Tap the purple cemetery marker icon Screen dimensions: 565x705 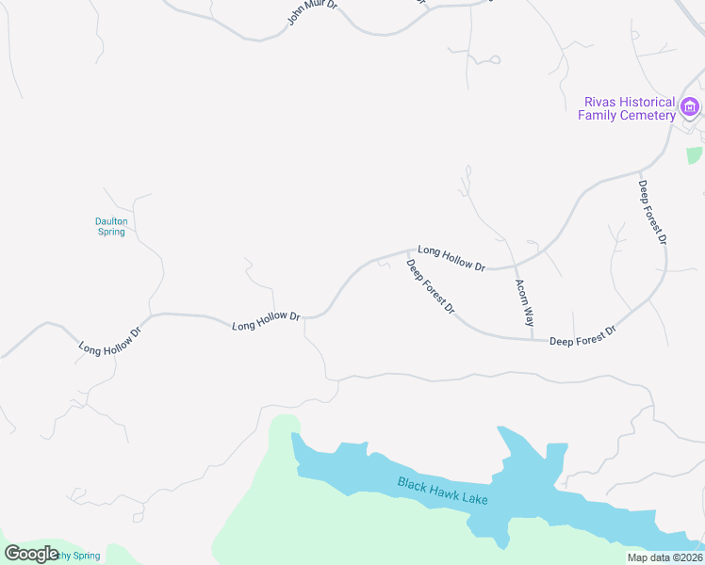pos(690,107)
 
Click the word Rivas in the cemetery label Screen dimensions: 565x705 pos(601,102)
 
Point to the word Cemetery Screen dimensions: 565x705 pos(648,115)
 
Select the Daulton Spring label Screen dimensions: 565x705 pos(111,226)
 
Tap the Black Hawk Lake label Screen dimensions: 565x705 pos(442,491)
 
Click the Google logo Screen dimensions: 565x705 pos(31,554)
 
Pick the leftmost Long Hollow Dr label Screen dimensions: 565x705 pos(110,335)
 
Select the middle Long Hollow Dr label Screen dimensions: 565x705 pos(266,320)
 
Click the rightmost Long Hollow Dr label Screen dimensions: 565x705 pos(451,259)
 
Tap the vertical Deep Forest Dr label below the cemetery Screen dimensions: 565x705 pos(652,213)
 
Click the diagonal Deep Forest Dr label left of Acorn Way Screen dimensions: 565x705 pos(431,286)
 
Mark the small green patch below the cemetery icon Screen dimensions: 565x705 pos(695,155)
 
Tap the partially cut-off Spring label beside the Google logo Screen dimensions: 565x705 pos(79,556)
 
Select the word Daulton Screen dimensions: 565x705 pos(111,221)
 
